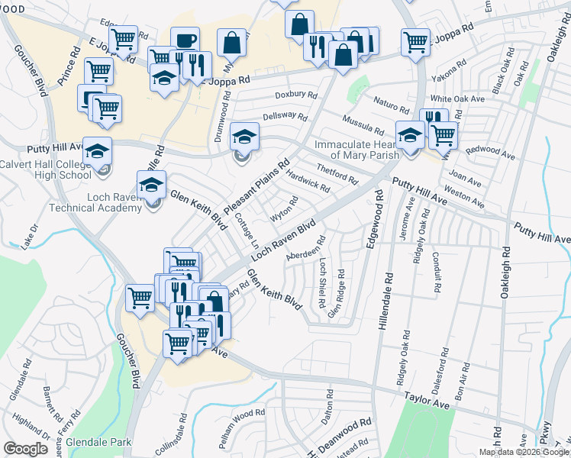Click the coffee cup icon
coord(184,41)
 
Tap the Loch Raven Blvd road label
coord(284,238)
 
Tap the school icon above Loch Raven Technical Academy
coord(151,184)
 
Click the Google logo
coord(25,449)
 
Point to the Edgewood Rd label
coord(375,221)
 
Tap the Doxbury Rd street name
coord(295,94)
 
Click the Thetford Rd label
coord(337,174)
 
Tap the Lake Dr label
coord(31,235)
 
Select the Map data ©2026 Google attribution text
coord(524,452)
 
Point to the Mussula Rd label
coord(363,124)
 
